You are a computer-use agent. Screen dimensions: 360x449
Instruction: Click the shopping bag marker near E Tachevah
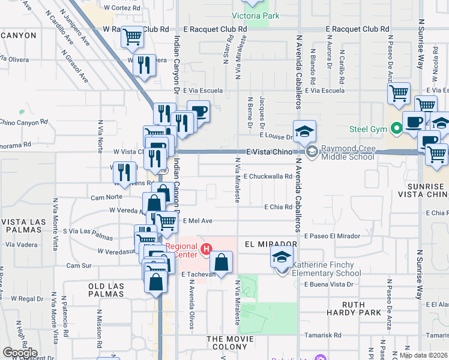[x=221, y=262]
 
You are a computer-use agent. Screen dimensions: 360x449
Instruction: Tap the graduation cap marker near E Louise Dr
[x=304, y=131]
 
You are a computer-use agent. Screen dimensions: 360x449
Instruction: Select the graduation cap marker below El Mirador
[x=280, y=258]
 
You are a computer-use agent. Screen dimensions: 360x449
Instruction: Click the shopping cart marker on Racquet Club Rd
[x=133, y=37]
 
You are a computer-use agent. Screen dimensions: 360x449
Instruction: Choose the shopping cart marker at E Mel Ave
[x=166, y=221]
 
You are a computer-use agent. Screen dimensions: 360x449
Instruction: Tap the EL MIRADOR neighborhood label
[x=271, y=245]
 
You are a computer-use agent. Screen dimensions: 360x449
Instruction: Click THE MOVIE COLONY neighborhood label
[x=235, y=339]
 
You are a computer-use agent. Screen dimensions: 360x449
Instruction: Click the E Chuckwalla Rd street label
[x=267, y=176]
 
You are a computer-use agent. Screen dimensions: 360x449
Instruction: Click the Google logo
[x=20, y=353]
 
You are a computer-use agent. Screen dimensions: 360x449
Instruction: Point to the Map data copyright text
[x=424, y=355]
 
